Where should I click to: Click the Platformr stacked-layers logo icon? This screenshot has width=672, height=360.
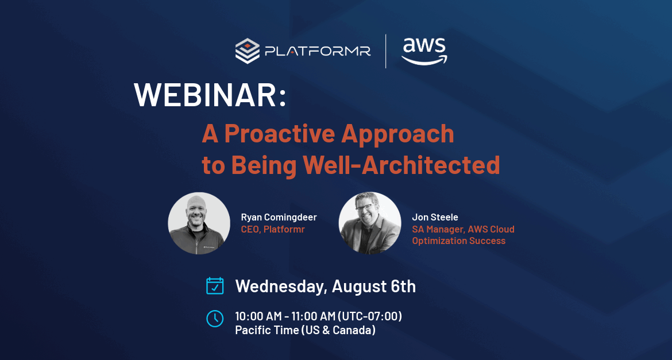tap(248, 51)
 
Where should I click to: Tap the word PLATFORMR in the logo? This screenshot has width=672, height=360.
tap(318, 52)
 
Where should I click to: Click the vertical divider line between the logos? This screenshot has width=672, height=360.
tap(386, 52)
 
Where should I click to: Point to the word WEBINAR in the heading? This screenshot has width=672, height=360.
tap(205, 95)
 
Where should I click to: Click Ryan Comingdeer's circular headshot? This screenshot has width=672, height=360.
tap(199, 223)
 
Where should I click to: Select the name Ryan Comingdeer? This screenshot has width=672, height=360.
tap(279, 217)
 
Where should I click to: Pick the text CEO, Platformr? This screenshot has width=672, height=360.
tap(273, 229)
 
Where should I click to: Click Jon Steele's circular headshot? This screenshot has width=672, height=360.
tap(370, 223)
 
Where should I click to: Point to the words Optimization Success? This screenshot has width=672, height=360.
tap(459, 241)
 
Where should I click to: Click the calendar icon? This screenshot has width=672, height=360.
tap(215, 286)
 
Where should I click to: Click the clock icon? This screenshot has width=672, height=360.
tap(215, 319)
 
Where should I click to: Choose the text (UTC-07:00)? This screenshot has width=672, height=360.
tap(370, 317)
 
